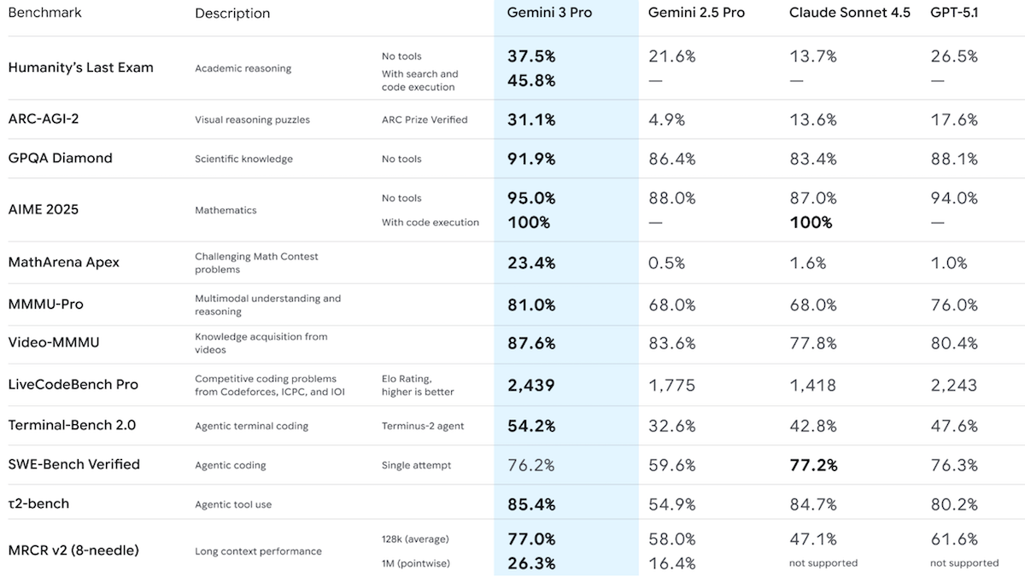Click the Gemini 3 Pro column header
coord(549,13)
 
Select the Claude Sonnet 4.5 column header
coord(849,13)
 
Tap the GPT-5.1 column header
coord(954,13)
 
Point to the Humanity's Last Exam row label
coord(81,67)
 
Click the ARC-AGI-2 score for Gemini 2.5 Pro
coord(666,119)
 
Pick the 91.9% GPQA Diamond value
coord(531,159)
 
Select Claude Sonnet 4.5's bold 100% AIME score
coord(811,222)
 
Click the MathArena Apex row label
coord(64,262)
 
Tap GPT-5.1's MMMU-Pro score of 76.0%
coord(954,305)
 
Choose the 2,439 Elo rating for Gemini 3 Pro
coord(530,385)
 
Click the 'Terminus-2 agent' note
coord(423,426)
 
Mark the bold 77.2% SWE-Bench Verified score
coord(813,465)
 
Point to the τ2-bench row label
coord(38,503)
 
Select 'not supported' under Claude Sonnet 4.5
coord(823,563)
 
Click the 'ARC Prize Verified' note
coord(425,119)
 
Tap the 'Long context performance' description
coord(258,551)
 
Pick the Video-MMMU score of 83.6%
coord(671,343)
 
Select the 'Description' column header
coord(232,14)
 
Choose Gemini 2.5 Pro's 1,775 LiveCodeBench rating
coord(672,385)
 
